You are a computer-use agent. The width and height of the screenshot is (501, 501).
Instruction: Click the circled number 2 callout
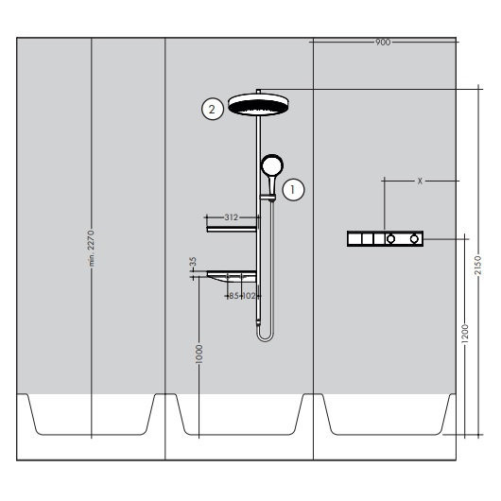(214, 109)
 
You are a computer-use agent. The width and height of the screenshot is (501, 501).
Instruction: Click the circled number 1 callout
(295, 188)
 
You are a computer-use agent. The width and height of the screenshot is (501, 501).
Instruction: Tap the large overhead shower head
(258, 104)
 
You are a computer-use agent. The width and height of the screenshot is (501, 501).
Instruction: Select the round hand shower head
(271, 166)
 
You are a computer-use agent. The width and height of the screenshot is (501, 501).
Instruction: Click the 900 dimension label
(383, 43)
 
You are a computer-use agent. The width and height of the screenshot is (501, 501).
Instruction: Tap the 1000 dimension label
(199, 354)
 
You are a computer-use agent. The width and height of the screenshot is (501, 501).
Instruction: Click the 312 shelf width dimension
(232, 217)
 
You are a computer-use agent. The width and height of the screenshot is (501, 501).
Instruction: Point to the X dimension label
(420, 180)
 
